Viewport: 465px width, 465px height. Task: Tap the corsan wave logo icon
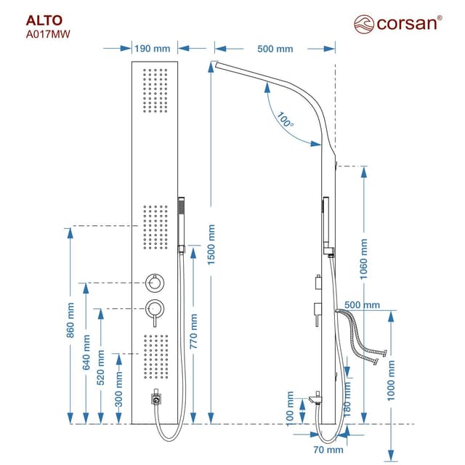point(364,24)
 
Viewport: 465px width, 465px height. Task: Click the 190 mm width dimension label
point(152,49)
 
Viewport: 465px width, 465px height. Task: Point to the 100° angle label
point(286,120)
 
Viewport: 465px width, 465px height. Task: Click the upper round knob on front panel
point(154,283)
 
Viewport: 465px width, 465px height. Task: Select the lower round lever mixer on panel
point(154,308)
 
